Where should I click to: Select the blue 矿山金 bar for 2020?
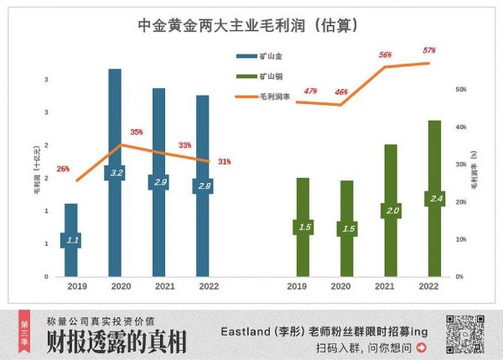click(115, 126)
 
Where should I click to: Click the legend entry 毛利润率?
click(272, 97)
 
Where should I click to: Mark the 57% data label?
click(429, 50)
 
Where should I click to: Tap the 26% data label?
click(63, 170)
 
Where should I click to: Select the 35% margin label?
click(137, 132)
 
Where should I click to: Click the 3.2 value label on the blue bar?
click(115, 173)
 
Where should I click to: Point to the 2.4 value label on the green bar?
click(433, 199)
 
